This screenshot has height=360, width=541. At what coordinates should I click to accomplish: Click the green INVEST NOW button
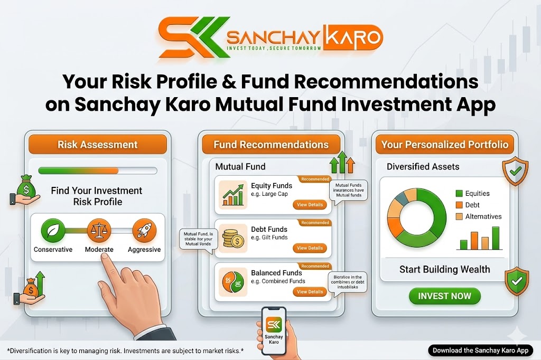[x=444, y=296]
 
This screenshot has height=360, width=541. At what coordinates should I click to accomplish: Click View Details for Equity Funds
[x=310, y=204]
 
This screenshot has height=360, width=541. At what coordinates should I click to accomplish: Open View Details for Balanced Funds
[x=310, y=291]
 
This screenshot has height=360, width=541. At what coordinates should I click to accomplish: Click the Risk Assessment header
[x=97, y=145]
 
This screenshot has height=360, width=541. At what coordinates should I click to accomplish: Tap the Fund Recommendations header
[x=271, y=145]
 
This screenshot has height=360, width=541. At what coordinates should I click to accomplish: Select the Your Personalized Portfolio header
[x=444, y=145]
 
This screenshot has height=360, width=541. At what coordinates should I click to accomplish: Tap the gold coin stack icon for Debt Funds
[x=232, y=238]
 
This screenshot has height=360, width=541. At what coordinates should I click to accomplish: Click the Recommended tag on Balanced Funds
[x=315, y=266]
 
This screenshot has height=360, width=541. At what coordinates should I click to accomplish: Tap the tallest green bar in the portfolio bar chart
[x=496, y=238]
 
